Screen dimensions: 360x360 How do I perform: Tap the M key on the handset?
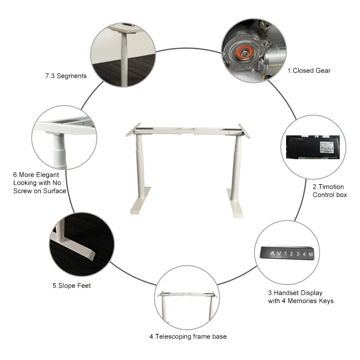(311, 253)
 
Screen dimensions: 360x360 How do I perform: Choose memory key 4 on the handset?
(304, 253)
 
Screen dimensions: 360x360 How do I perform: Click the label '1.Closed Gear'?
(309, 71)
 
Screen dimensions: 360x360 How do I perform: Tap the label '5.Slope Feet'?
(72, 286)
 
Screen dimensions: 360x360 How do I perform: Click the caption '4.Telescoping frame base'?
(188, 336)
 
